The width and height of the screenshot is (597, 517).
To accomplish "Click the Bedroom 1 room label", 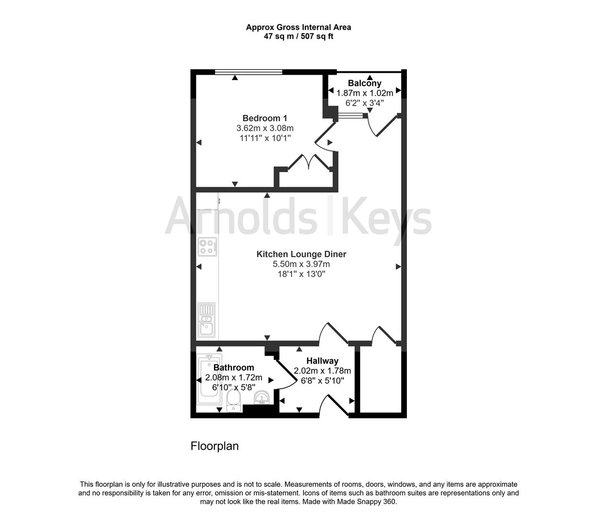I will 265,118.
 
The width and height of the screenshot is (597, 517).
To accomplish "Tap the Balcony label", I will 364,83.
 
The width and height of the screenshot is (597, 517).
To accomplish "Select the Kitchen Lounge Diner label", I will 301,254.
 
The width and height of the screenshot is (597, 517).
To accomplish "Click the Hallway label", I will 322,361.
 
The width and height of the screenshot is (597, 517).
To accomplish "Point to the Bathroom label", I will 234,368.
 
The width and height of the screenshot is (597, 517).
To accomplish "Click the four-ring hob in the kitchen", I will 207,246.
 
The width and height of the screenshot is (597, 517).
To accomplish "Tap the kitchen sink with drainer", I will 207,319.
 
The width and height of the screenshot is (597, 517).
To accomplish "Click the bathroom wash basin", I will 261,397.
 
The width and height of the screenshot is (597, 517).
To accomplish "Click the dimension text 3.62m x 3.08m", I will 265,128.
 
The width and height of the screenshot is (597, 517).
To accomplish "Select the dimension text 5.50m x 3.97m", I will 301,264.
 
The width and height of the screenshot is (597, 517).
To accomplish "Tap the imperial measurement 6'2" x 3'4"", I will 364,103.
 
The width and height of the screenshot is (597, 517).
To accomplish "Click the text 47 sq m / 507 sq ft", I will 298,36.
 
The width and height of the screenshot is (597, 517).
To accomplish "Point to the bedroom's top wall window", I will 248,72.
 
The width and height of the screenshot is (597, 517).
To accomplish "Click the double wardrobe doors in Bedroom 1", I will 309,162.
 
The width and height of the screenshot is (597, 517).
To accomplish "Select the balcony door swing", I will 382,125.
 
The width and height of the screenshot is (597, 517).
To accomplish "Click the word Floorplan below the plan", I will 214,446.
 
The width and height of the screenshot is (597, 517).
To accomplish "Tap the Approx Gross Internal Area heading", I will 298,27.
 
